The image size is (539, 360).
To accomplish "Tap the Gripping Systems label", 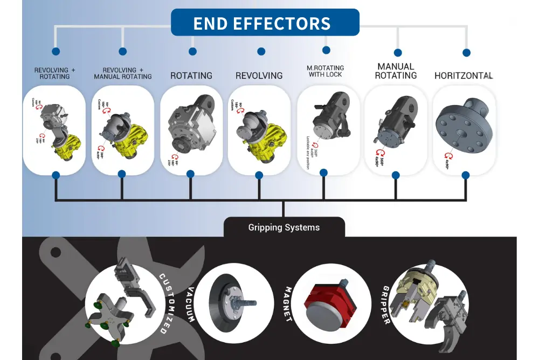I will tap(284, 227).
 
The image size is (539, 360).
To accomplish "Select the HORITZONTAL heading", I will tap(464, 76).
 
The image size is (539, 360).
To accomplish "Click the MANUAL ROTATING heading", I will tap(396, 71).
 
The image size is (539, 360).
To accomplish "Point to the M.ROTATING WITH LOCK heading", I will tap(326, 71).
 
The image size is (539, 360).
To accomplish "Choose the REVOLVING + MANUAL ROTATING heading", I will tap(123, 73).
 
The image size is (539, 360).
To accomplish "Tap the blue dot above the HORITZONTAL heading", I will tap(466, 53).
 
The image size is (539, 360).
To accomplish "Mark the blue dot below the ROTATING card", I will tap(190, 174).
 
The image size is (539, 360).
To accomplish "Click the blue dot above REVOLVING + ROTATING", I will tap(55, 52).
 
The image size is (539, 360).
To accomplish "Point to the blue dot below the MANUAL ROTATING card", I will tap(396, 175).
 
